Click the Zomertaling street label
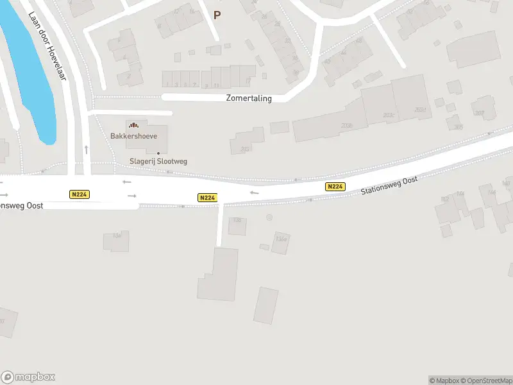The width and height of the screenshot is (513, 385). point(249,98)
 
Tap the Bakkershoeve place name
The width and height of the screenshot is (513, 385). point(133,136)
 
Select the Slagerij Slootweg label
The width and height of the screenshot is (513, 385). point(158,161)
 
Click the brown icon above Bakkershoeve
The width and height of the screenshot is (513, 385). point(133,125)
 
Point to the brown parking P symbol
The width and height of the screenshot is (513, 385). point(217,15)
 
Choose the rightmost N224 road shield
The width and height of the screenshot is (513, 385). point(335,187)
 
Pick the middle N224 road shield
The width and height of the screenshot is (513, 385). point(206,198)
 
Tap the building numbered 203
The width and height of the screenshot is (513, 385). point(244,150)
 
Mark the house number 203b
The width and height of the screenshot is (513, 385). point(346,126)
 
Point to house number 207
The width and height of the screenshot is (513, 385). point(479,114)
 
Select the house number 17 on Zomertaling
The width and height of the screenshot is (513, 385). point(248,81)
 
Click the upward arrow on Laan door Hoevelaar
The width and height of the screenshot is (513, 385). point(86,149)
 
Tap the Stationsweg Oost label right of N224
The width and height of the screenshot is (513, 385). point(389,185)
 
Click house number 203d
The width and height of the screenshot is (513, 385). point(420,110)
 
